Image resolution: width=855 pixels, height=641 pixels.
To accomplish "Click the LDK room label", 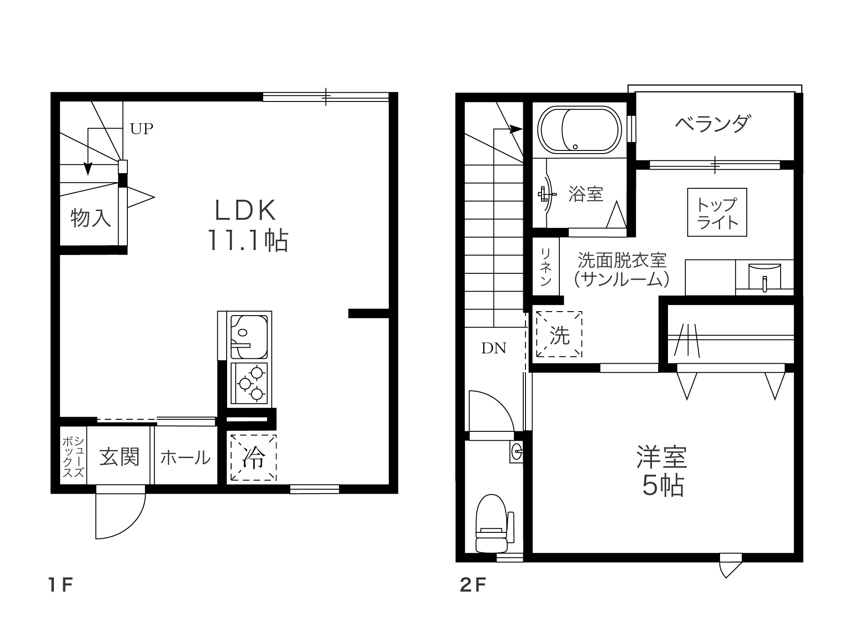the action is pyautogui.click(x=246, y=211).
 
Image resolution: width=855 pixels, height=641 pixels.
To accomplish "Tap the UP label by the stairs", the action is pyautogui.click(x=142, y=129).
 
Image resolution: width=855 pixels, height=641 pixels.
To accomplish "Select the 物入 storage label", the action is pyautogui.click(x=91, y=218).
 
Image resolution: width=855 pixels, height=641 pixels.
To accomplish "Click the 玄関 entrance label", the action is pyautogui.click(x=119, y=457).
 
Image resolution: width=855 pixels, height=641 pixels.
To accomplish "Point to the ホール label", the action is pyautogui.click(x=185, y=457).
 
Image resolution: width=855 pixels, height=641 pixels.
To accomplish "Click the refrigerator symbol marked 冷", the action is pyautogui.click(x=252, y=458).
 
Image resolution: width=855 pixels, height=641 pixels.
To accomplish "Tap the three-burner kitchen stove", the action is pyautogui.click(x=249, y=383).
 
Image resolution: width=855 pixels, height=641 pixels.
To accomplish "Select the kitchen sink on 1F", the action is pyautogui.click(x=249, y=337).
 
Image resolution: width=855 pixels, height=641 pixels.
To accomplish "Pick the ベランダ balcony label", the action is pyautogui.click(x=713, y=124).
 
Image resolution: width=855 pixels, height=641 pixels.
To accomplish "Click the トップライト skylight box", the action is pyautogui.click(x=717, y=212).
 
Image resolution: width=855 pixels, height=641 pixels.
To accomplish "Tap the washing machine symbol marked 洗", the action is pyautogui.click(x=559, y=334).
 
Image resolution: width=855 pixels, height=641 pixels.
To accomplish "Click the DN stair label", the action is pyautogui.click(x=494, y=348).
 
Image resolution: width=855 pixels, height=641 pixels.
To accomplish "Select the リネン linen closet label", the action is pyautogui.click(x=546, y=267).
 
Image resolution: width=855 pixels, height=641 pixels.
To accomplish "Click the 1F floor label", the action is pyautogui.click(x=60, y=585).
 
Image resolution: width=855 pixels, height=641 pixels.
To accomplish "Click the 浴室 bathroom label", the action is pyautogui.click(x=586, y=194).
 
